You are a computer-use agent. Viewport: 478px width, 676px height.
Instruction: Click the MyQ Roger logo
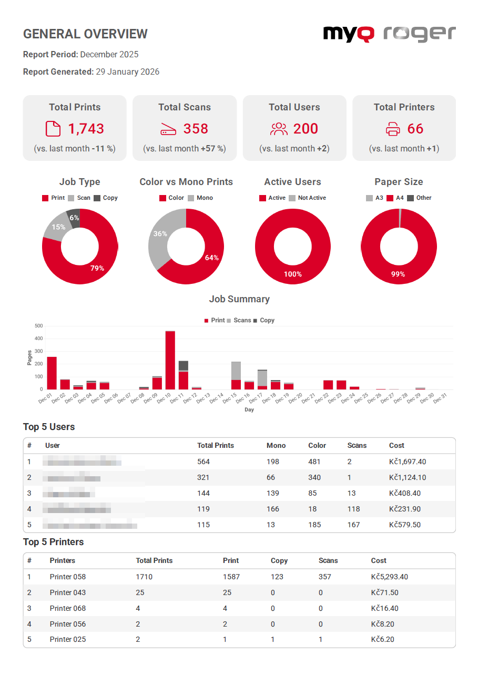[x=389, y=34]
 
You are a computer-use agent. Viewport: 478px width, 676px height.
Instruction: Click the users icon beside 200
[x=279, y=129]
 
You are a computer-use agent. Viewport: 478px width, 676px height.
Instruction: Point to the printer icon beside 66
[x=393, y=129]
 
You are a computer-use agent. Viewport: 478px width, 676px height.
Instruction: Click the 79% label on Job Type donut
[x=97, y=268]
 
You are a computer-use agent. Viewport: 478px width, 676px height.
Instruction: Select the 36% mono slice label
[x=160, y=233]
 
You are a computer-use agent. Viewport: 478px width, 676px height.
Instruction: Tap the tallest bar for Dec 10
[x=170, y=360]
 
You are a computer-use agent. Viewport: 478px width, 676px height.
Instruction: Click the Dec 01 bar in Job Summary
[x=52, y=373]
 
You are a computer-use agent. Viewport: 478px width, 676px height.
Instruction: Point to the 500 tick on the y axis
[x=38, y=326]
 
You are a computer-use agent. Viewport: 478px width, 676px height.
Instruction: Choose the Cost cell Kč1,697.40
[x=408, y=462]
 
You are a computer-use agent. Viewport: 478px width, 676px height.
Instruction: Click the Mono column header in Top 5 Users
[x=276, y=445]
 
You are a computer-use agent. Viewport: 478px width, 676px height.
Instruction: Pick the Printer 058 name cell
[x=68, y=577]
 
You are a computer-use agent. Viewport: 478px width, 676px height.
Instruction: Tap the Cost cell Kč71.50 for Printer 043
[x=384, y=592]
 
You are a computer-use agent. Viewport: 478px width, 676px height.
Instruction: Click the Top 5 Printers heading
[x=54, y=542]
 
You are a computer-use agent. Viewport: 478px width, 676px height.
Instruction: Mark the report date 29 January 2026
[x=127, y=71]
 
